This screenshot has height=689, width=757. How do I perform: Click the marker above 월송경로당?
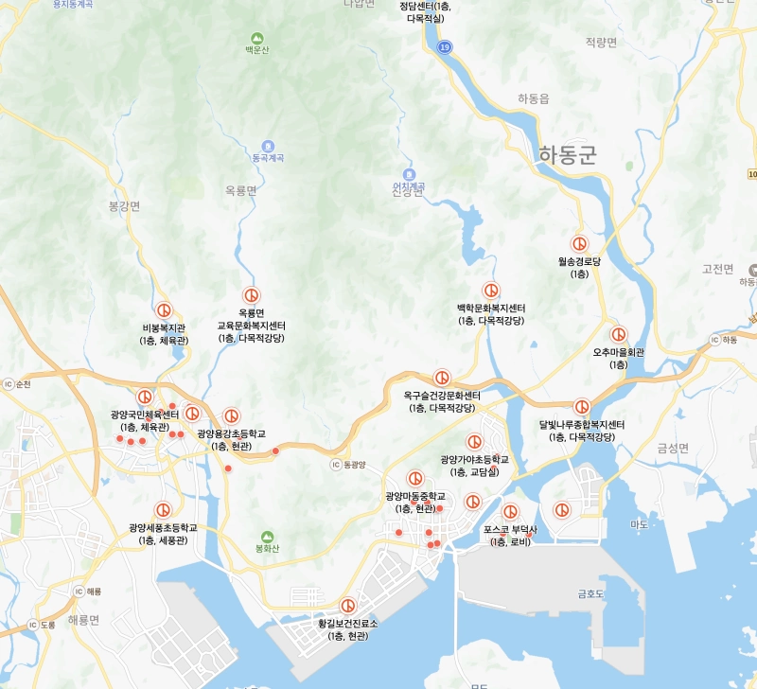579,243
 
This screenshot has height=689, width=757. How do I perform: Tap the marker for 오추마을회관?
618,334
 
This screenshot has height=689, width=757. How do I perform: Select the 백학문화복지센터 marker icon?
491,291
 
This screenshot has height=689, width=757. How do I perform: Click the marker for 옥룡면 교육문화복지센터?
251,294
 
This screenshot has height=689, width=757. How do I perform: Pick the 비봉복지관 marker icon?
164,310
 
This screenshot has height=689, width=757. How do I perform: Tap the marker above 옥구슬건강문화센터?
442,378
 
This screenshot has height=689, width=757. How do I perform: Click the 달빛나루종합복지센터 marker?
582,407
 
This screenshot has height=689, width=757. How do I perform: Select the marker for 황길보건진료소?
347,606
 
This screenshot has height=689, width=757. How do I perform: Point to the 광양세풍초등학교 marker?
163,510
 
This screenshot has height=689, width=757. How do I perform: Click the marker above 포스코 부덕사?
510,512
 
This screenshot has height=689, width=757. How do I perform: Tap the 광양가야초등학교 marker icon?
474,442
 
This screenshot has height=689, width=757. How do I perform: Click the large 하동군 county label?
567,155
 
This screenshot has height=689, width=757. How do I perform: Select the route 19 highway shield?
445,46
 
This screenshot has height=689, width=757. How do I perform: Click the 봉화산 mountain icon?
267,537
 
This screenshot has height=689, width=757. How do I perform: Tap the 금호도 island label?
591,593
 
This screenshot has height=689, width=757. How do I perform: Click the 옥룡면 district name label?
241,190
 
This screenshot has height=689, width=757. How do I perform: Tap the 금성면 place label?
673,449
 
